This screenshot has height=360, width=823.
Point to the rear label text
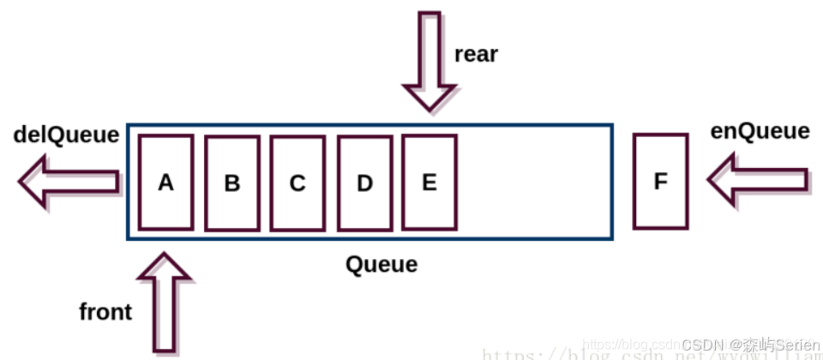click(476, 54)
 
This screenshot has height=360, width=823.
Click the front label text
click(105, 312)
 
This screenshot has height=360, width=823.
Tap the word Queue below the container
click(381, 264)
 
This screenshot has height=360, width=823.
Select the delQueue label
click(66, 135)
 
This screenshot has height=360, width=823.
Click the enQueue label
click(760, 131)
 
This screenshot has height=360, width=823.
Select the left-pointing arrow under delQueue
click(69, 181)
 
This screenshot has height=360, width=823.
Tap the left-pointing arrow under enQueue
click(757, 180)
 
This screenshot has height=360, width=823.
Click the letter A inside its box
click(165, 183)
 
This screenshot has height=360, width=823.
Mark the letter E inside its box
click(429, 183)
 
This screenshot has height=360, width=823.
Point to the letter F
click(660, 183)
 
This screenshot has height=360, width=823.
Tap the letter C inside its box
click(297, 184)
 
